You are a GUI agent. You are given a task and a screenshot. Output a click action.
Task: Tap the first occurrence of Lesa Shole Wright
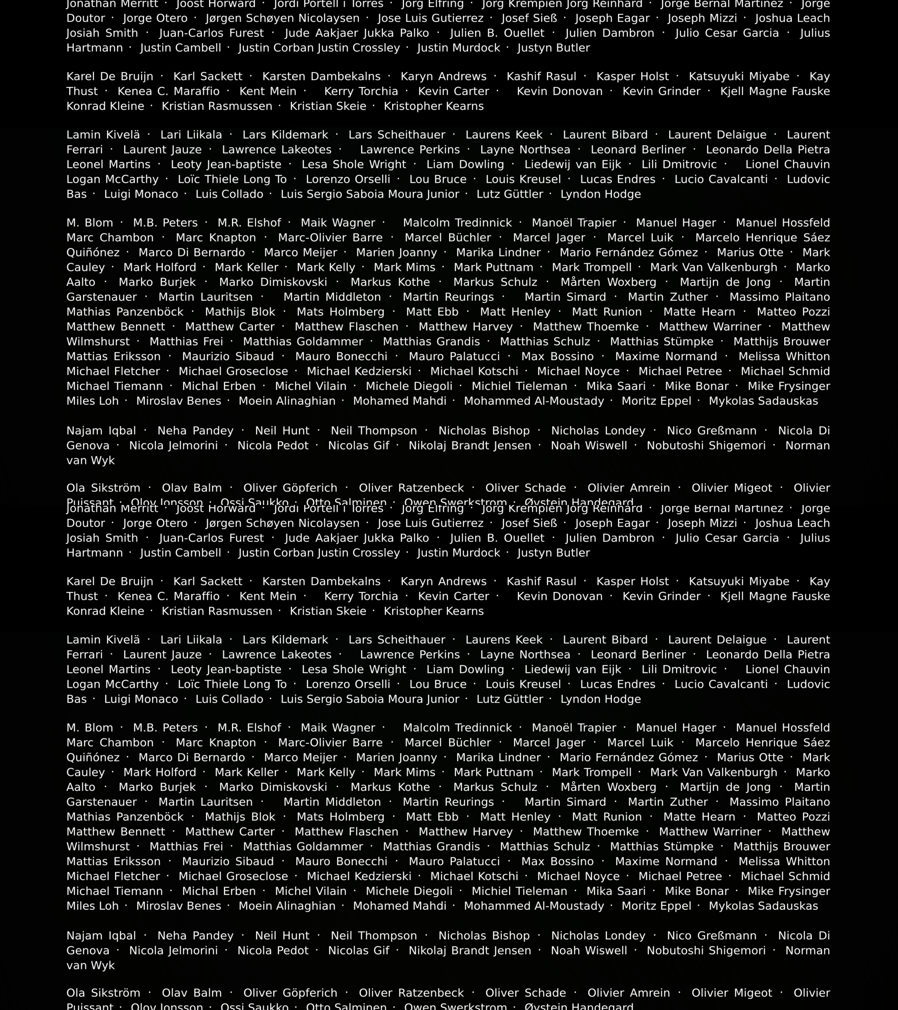click(x=354, y=165)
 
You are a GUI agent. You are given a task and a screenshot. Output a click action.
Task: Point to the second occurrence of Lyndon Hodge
click(x=601, y=699)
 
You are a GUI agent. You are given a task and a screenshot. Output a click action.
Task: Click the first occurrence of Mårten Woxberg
click(x=608, y=282)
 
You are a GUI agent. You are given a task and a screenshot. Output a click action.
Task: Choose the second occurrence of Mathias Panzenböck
click(x=125, y=817)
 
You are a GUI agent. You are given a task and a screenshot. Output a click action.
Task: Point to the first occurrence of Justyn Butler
click(x=554, y=48)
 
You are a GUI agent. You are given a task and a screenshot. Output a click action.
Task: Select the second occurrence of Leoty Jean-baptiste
click(x=226, y=670)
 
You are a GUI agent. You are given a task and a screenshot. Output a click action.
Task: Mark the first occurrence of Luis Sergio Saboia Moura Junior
click(x=370, y=194)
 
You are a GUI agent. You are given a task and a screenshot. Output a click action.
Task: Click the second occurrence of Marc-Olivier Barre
click(x=330, y=743)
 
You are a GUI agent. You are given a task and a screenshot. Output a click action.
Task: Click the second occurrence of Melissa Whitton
click(x=784, y=861)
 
